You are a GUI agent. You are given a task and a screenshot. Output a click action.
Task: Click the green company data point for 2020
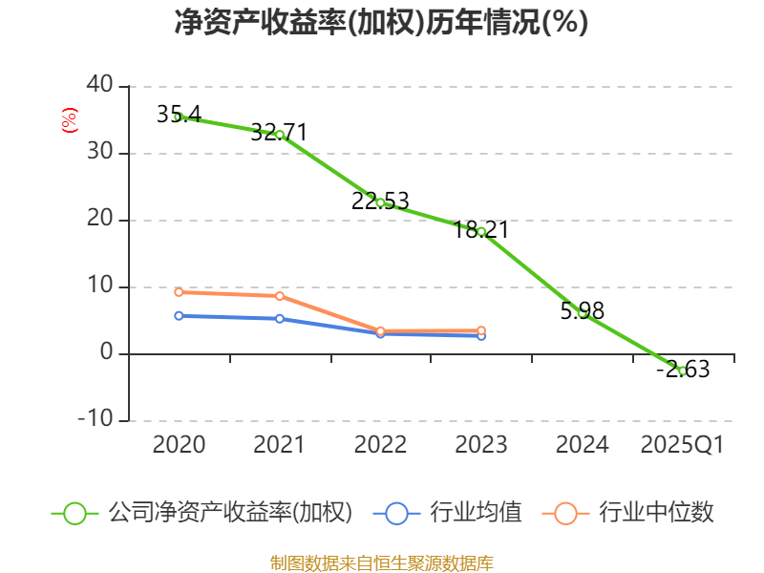(x=179, y=117)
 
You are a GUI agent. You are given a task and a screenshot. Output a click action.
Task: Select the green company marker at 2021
(x=280, y=135)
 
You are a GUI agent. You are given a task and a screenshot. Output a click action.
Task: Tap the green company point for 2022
(x=380, y=202)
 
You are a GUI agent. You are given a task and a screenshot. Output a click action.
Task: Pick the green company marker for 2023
(x=481, y=232)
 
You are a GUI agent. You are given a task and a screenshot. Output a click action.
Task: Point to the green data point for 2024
(x=583, y=313)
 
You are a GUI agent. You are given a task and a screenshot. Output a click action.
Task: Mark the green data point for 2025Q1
(x=682, y=371)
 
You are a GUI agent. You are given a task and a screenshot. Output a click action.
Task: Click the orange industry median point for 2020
(x=179, y=292)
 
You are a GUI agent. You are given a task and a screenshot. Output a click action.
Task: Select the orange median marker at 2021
(x=280, y=296)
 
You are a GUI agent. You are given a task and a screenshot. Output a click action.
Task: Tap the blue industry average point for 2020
(x=179, y=315)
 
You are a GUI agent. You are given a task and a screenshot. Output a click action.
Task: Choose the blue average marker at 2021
(x=280, y=319)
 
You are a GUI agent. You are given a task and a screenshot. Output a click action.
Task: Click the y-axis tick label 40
(x=99, y=86)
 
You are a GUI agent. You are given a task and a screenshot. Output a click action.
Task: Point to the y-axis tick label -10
(x=93, y=420)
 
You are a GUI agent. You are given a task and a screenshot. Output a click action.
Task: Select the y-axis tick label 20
(x=99, y=220)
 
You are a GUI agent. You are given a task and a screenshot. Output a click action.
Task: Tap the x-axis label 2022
(x=380, y=445)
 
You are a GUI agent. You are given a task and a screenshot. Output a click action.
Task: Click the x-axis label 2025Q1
(x=682, y=445)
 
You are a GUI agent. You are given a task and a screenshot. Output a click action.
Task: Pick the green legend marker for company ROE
(x=75, y=513)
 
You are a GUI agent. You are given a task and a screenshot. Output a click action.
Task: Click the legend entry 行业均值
(x=476, y=513)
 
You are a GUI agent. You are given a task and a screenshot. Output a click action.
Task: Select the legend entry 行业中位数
(x=656, y=513)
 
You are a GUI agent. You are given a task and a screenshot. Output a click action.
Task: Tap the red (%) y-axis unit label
(x=69, y=120)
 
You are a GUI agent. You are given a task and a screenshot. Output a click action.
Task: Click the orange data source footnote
(x=382, y=562)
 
